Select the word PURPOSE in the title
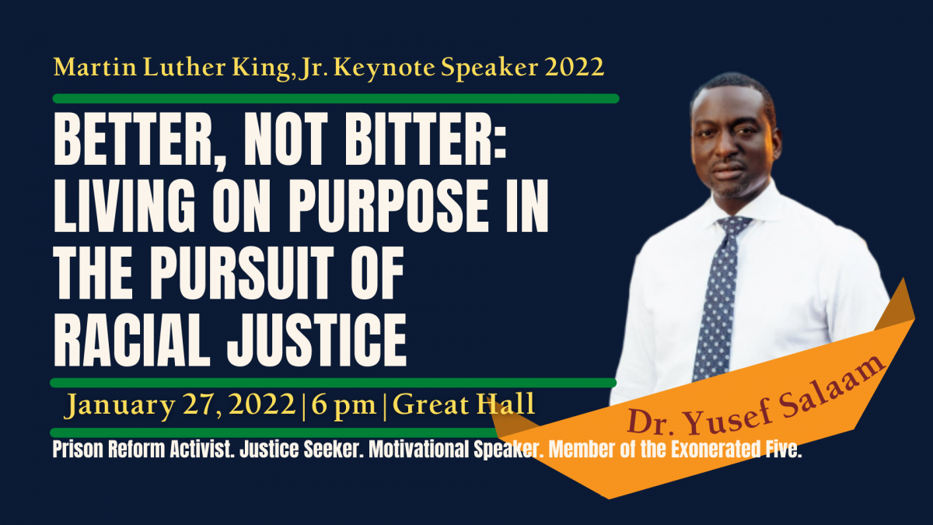click(x=387, y=206)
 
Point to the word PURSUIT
click(x=242, y=273)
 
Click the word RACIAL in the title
click(x=131, y=340)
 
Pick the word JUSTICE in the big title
click(x=316, y=340)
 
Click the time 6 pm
click(x=344, y=405)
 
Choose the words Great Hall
click(x=463, y=404)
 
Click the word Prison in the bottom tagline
click(x=79, y=450)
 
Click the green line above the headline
click(x=336, y=99)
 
